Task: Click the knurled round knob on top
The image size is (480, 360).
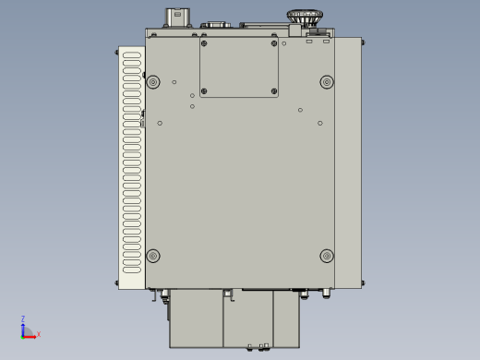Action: click(305, 17)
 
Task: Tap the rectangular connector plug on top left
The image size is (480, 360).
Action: click(177, 18)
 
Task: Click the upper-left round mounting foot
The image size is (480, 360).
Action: click(153, 82)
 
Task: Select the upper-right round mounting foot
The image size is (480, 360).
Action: click(327, 82)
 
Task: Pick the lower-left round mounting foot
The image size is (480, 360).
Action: click(153, 256)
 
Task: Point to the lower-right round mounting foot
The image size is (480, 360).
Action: click(327, 256)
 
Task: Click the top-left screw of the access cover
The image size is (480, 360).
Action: click(204, 43)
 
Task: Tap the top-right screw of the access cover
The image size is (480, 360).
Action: click(274, 43)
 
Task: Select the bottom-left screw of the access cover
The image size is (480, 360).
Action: click(204, 91)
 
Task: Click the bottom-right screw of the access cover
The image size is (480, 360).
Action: click(274, 91)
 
